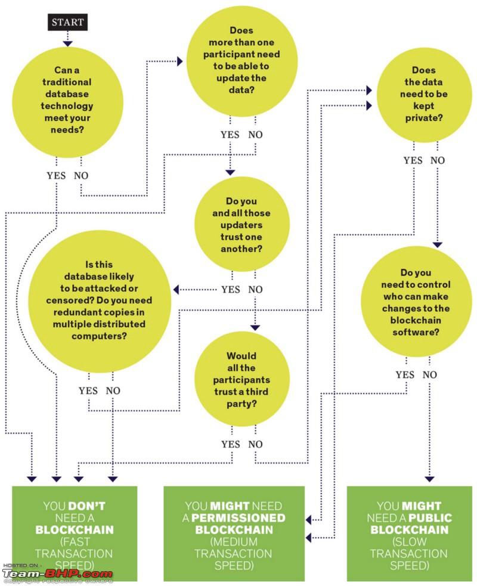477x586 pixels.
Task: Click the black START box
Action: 67,22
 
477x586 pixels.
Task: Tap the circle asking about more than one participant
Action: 241,61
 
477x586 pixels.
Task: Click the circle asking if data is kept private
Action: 425,95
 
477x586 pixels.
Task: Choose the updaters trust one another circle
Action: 241,224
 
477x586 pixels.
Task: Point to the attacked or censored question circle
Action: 100,301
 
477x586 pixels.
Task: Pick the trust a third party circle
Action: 241,379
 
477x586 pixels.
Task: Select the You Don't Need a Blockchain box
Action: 75,534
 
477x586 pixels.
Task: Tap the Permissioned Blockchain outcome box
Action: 234,534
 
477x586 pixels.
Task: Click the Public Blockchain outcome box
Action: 410,534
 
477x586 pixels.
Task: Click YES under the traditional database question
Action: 56,175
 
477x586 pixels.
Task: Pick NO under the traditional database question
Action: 81,175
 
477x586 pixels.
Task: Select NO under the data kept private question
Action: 438,160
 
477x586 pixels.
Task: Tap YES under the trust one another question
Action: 231,289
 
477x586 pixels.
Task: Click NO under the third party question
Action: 255,444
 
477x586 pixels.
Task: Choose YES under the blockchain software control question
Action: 405,374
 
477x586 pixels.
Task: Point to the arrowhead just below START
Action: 67,44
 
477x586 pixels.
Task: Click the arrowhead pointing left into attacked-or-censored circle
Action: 176,289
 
